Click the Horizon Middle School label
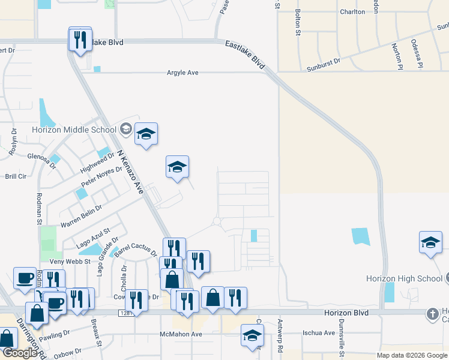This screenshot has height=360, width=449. point(74,130)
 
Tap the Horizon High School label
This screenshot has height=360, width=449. point(404,278)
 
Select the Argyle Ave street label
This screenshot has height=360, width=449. point(182,73)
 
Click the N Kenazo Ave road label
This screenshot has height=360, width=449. point(131,172)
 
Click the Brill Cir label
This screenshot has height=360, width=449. point(16,176)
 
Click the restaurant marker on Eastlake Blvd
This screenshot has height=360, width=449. point(80,40)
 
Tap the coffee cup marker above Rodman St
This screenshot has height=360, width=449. point(25,278)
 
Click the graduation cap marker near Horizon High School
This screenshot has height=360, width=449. point(430,242)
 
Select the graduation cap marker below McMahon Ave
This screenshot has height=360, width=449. point(252,336)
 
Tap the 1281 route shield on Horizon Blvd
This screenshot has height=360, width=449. point(125,313)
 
